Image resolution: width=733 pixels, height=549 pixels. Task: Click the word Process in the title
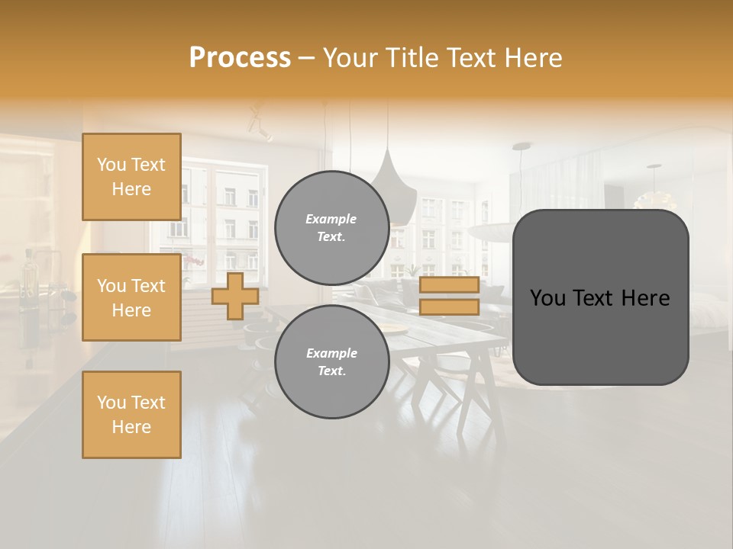(x=240, y=58)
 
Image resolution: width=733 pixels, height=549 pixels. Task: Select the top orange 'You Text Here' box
(x=131, y=177)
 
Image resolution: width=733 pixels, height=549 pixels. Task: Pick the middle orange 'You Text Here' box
(x=131, y=297)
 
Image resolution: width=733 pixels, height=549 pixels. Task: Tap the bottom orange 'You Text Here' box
(x=131, y=415)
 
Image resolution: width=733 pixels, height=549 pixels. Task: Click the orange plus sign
(x=235, y=296)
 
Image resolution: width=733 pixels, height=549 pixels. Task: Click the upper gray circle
(x=331, y=228)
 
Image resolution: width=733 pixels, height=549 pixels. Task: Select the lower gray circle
(x=331, y=362)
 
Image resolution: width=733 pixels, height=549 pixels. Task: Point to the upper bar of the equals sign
(x=449, y=284)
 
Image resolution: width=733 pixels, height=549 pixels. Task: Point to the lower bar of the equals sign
(x=449, y=307)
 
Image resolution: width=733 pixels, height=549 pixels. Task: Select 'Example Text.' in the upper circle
(x=331, y=228)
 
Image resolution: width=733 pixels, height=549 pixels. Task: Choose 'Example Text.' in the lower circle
(x=331, y=362)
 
